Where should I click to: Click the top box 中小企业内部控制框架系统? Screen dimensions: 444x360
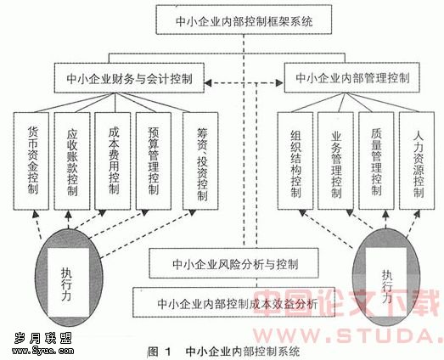(x=244, y=20)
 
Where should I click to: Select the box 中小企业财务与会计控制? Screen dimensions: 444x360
(x=129, y=78)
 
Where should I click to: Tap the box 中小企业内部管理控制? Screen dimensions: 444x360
(x=351, y=77)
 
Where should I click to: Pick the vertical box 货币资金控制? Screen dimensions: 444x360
(x=31, y=160)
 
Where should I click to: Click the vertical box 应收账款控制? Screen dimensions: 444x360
(x=72, y=160)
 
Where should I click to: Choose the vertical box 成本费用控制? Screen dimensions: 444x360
(x=112, y=160)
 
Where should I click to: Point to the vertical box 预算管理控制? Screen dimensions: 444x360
(x=154, y=160)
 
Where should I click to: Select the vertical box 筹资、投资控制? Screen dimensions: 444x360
(x=200, y=160)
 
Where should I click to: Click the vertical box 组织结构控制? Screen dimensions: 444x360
(x=295, y=160)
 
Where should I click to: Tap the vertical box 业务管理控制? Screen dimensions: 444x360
(x=336, y=160)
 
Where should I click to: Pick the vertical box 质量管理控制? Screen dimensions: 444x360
(x=376, y=160)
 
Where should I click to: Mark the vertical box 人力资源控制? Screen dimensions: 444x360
(x=417, y=160)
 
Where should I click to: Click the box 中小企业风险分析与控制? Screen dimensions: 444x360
(x=234, y=263)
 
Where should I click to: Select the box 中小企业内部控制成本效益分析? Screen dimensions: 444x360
(x=234, y=302)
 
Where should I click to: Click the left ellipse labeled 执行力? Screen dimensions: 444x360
(x=68, y=278)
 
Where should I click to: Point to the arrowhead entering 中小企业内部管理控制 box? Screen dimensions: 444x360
(x=279, y=82)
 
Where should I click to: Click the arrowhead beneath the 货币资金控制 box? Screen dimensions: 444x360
(x=35, y=214)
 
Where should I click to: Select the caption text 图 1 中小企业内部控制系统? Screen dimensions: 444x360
(x=224, y=352)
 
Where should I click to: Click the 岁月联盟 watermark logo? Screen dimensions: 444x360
(x=43, y=344)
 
